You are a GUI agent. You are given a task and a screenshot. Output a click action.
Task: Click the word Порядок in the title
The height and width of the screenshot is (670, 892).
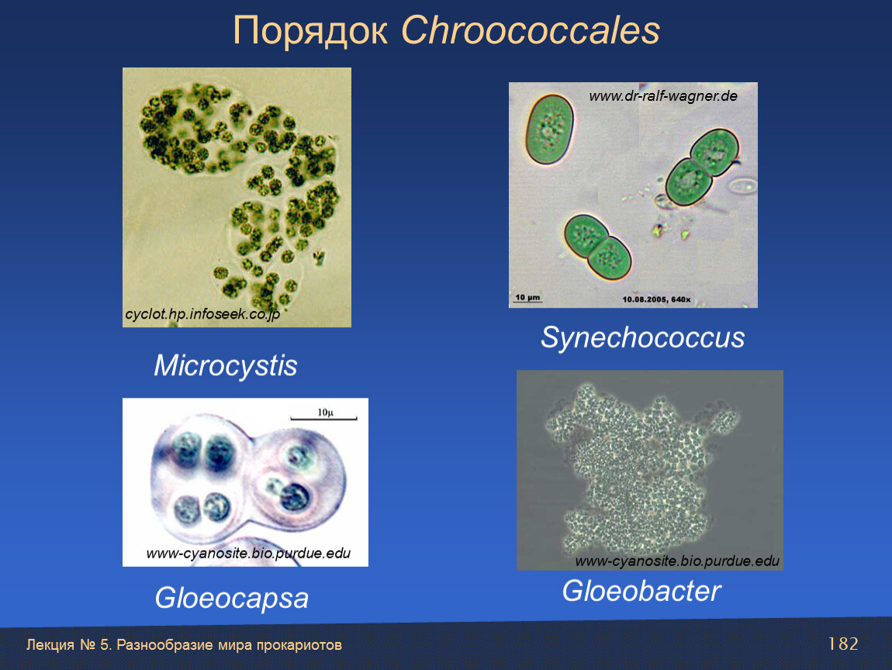click(x=310, y=31)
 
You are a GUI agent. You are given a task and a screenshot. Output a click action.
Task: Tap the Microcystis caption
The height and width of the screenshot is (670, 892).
click(x=225, y=365)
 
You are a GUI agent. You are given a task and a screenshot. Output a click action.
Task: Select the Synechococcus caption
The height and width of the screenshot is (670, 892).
click(x=642, y=337)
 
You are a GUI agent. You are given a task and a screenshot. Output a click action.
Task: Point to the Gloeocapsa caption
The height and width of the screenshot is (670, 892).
click(x=232, y=599)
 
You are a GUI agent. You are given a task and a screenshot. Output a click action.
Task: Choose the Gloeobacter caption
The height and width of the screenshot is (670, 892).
click(x=641, y=591)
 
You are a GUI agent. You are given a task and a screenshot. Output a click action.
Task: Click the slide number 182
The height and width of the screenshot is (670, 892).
click(x=842, y=644)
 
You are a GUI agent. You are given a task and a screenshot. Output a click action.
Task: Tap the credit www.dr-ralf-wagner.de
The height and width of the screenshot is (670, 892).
click(x=663, y=96)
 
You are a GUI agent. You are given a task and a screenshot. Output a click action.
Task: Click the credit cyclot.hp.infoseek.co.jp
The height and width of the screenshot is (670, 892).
click(x=202, y=314)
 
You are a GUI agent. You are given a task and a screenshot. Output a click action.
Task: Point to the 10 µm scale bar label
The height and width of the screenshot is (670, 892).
click(x=527, y=298)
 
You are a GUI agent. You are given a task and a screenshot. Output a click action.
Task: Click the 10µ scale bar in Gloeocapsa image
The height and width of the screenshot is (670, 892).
click(x=323, y=419)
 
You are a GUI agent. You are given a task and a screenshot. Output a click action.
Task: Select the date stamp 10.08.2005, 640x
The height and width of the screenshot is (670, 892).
click(x=656, y=299)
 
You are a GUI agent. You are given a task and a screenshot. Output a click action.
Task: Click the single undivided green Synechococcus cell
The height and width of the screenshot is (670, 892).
click(x=549, y=129)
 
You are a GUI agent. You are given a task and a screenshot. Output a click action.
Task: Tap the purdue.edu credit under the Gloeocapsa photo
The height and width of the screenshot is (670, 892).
click(x=248, y=554)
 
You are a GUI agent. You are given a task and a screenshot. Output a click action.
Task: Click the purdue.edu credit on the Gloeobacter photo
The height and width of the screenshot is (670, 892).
click(x=677, y=561)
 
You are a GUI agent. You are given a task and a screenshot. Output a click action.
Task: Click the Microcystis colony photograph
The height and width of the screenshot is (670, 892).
click(x=237, y=198)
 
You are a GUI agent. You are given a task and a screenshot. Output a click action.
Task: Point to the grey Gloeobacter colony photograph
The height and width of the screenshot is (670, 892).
click(x=650, y=471)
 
